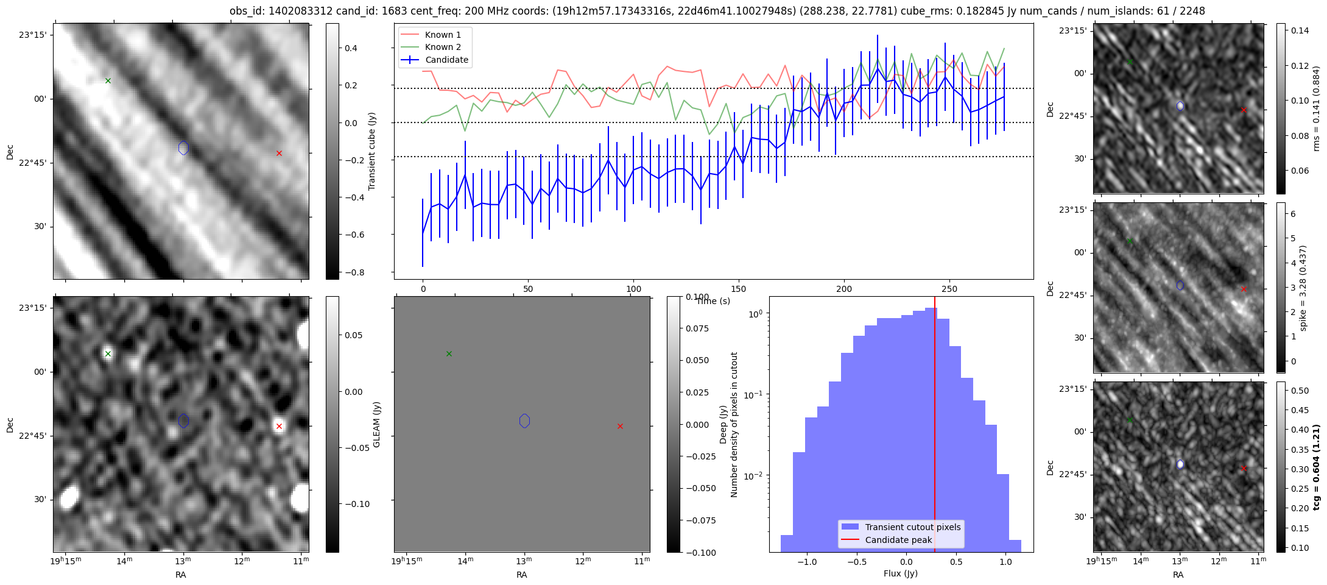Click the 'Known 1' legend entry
pyautogui.click(x=434, y=35)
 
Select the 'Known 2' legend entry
pyautogui.click(x=434, y=47)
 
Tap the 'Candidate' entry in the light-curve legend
pyautogui.click(x=434, y=60)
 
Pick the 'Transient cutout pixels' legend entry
pyautogui.click(x=901, y=527)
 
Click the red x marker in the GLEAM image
pyautogui.click(x=279, y=426)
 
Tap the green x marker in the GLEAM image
pyautogui.click(x=108, y=353)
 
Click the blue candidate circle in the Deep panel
pyautogui.click(x=524, y=420)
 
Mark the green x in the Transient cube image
pyautogui.click(x=108, y=80)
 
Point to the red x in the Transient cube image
pyautogui.click(x=279, y=153)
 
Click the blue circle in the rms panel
pyautogui.click(x=1180, y=106)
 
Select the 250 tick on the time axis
pyautogui.click(x=949, y=289)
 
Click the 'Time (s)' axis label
pyautogui.click(x=713, y=301)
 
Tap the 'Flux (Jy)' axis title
pyautogui.click(x=901, y=573)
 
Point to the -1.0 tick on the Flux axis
pyautogui.click(x=807, y=562)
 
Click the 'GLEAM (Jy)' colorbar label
pyautogui.click(x=376, y=424)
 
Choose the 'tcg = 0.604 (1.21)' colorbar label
pyautogui.click(x=1316, y=467)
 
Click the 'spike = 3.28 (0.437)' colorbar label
pyautogui.click(x=1303, y=288)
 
